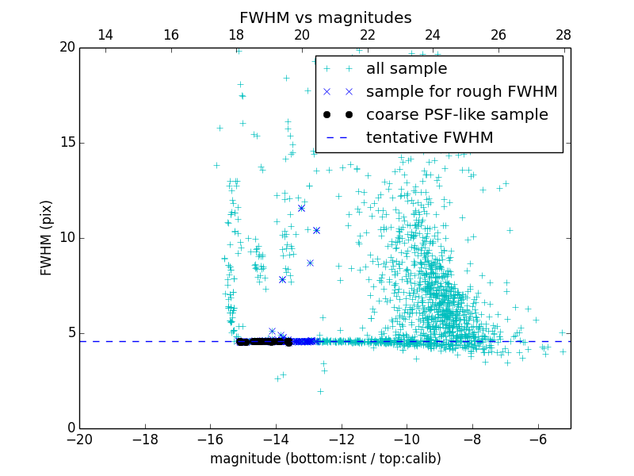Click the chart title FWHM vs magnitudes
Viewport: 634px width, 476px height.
pos(325,17)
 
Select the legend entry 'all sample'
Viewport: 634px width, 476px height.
pos(407,69)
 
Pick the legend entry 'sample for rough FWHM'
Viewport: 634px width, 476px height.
pos(461,92)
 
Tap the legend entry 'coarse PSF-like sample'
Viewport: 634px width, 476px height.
pos(456,115)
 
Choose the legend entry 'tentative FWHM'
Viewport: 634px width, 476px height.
pos(430,138)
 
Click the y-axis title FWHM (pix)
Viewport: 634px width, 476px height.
pos(47,238)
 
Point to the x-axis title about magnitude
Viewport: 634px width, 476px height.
pos(325,459)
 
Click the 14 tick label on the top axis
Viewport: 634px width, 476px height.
pos(105,35)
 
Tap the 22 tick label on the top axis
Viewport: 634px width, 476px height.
pos(367,35)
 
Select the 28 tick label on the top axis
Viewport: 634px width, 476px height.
pos(563,35)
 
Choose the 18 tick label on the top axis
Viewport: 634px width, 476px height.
pos(236,35)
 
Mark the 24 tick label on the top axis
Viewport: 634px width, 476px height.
pos(433,35)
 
